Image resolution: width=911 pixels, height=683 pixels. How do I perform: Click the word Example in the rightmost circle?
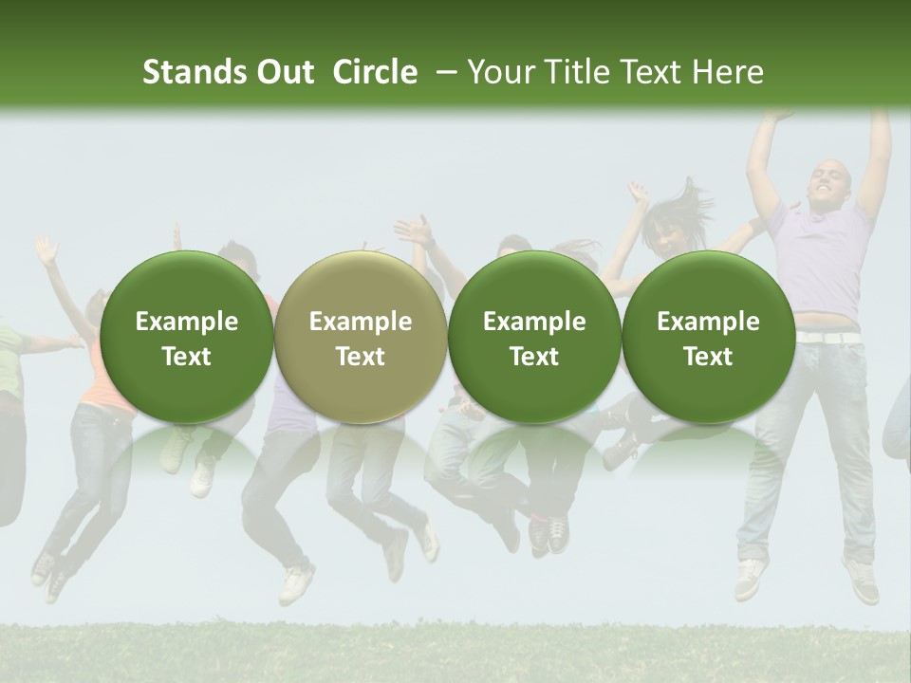coord(708,322)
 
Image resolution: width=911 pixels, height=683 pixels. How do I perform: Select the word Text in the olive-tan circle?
coord(361,357)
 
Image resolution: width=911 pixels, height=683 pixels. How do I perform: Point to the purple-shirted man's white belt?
coord(827,336)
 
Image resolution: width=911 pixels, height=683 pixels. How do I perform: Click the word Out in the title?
coord(282,72)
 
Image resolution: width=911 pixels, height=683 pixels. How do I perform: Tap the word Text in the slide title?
coord(655,72)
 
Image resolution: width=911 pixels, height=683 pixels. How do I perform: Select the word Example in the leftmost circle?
coord(186,322)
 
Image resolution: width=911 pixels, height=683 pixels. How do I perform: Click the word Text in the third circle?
coord(534,357)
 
